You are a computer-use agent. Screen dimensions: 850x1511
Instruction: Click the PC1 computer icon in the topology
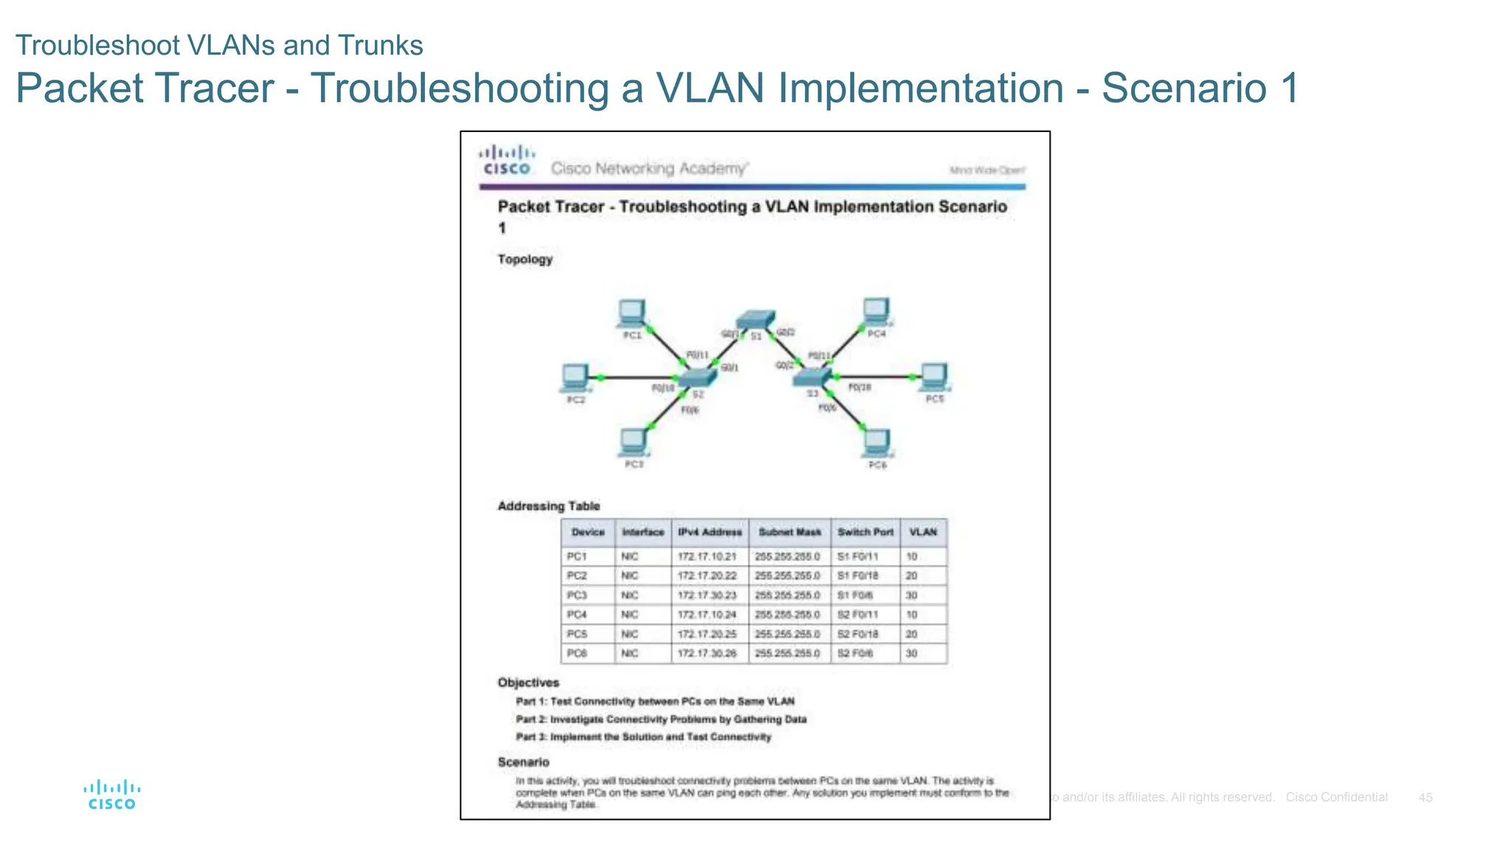(x=632, y=314)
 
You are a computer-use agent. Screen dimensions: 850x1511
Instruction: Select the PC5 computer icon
(x=934, y=377)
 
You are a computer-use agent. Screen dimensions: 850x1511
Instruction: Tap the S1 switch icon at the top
(x=755, y=320)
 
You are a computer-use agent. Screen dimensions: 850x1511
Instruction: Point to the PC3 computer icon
(x=633, y=443)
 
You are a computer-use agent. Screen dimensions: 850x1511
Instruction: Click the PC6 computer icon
(x=876, y=443)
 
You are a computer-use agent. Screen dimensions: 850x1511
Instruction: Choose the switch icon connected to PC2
(x=697, y=378)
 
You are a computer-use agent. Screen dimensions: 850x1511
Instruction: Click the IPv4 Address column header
(x=710, y=532)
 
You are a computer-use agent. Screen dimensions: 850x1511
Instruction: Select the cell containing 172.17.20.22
(x=707, y=576)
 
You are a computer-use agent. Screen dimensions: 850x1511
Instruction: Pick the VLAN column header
(x=923, y=532)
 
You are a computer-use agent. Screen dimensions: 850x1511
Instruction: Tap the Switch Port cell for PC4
(x=857, y=615)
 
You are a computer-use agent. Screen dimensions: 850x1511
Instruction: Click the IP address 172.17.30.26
(x=707, y=654)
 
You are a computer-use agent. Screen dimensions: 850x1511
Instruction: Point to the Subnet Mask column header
(x=789, y=532)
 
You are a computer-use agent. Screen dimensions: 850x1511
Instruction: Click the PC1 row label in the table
(x=577, y=556)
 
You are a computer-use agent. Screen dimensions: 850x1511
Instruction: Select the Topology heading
(x=525, y=260)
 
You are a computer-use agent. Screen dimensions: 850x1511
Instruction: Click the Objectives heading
(x=528, y=683)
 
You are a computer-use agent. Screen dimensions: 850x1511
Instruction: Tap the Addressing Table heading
(x=548, y=506)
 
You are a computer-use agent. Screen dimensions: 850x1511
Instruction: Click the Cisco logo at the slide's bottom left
(x=112, y=795)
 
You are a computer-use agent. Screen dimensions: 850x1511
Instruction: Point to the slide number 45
(x=1425, y=798)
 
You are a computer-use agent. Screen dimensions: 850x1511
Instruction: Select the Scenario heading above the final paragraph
(x=523, y=762)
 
